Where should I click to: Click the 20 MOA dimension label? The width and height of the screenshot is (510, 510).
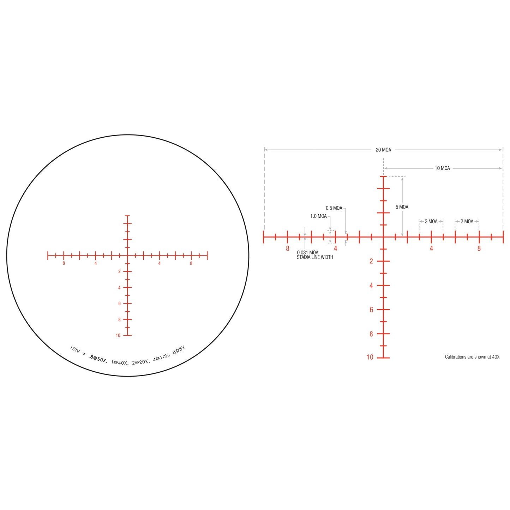click(383, 150)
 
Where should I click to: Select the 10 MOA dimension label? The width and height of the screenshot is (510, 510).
click(442, 168)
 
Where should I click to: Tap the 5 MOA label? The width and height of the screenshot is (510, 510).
click(402, 207)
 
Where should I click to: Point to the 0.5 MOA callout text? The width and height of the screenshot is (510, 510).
click(334, 208)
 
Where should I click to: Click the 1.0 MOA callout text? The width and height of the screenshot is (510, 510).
click(318, 216)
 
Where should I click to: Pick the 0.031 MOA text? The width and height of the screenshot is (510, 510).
click(307, 252)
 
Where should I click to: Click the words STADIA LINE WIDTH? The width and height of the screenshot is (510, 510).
click(315, 257)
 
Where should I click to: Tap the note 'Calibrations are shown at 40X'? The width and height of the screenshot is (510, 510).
click(472, 357)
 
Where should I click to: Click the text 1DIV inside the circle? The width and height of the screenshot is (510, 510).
click(74, 349)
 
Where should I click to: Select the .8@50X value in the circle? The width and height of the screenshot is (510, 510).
click(98, 359)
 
